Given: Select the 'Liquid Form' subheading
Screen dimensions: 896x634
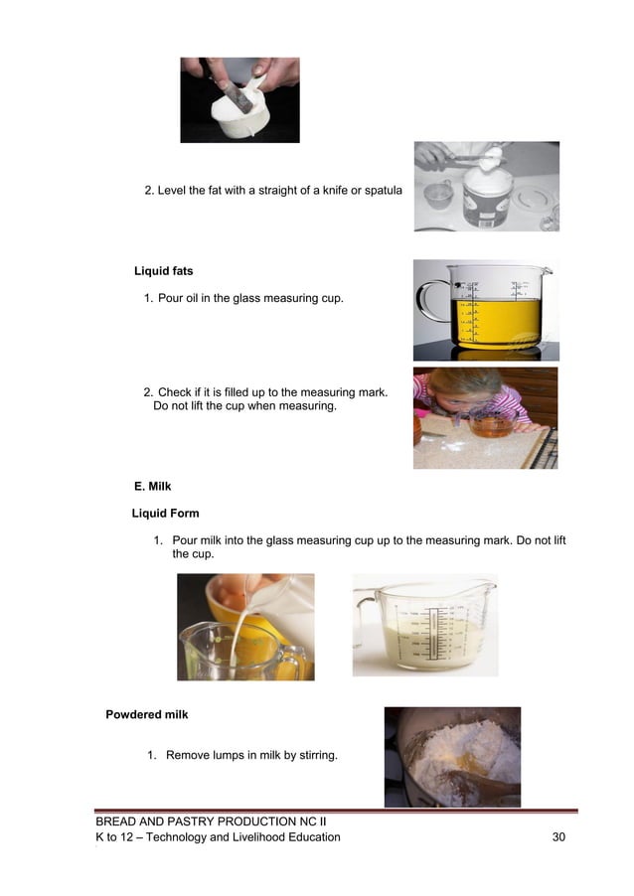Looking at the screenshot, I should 165,514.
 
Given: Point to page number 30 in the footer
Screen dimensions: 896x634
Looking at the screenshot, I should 558,837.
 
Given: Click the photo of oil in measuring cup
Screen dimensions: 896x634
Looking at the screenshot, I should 486,310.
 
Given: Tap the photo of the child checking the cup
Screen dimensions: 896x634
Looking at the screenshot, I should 485,417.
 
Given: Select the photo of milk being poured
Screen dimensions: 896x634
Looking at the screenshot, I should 245,627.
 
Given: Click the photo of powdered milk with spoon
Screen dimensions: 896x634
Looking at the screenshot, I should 452,756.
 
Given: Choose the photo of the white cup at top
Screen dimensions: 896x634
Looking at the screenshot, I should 239,99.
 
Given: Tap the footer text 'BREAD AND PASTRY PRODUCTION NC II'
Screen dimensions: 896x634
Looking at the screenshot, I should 211,822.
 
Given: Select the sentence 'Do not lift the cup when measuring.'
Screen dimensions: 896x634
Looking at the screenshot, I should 244,406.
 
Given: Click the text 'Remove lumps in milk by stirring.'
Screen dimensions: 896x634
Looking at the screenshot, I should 251,756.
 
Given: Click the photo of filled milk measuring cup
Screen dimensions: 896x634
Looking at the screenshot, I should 424,626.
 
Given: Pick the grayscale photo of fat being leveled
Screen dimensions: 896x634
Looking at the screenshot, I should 486,186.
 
